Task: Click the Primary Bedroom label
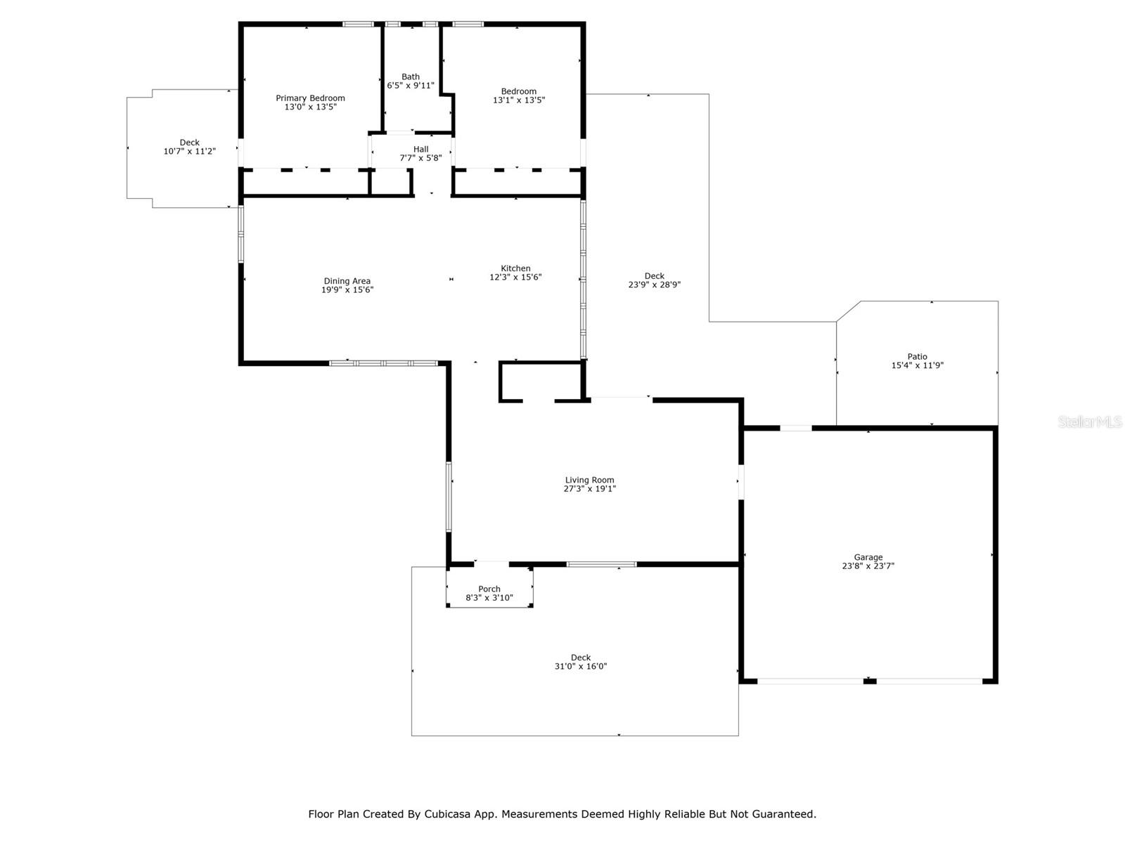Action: click(310, 98)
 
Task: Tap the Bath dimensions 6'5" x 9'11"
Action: click(411, 86)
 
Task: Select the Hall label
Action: click(420, 149)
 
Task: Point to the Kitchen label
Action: click(515, 268)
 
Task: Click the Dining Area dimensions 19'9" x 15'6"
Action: click(347, 289)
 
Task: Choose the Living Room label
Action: click(589, 480)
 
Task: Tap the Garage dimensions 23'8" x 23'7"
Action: click(868, 566)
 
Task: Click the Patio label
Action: click(918, 356)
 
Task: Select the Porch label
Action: click(489, 589)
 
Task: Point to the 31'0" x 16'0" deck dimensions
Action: click(581, 666)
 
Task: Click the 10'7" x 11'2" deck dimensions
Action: click(190, 151)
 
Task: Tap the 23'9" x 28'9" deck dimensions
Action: click(655, 285)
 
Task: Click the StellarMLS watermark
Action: click(1090, 422)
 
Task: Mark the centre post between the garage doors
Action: click(870, 681)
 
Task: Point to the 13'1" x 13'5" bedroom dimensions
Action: click(519, 100)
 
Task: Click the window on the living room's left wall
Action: click(449, 497)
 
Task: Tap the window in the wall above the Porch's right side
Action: click(601, 564)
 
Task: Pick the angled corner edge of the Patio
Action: click(848, 311)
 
